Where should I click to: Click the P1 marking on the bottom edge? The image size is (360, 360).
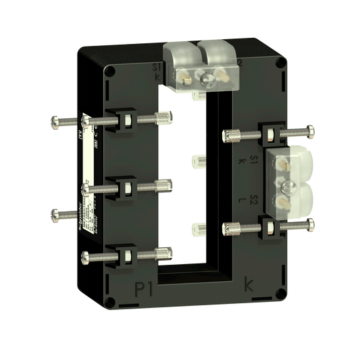pyautogui.click(x=145, y=289)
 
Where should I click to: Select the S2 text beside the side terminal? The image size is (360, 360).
pyautogui.click(x=252, y=199)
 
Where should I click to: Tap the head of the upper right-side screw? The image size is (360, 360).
pyautogui.click(x=311, y=128)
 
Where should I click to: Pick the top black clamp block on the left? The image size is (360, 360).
pyautogui.click(x=126, y=121)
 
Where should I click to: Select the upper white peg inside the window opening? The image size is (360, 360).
pyautogui.click(x=199, y=160)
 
